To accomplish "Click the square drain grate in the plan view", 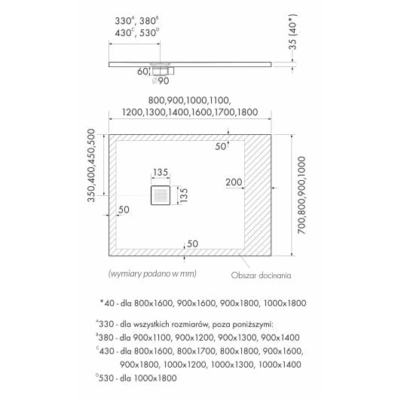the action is [x=161, y=195].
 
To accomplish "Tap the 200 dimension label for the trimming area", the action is [x=234, y=182].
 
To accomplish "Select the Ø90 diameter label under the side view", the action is [x=161, y=81].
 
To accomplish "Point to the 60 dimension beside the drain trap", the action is [x=142, y=72].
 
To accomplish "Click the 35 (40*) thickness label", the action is [x=293, y=32].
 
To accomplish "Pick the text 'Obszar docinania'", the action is [x=261, y=276].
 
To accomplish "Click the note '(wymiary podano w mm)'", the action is [x=152, y=274].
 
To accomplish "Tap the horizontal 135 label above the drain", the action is [x=161, y=173].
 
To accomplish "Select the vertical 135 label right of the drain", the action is [x=184, y=195].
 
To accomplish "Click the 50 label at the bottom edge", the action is [x=192, y=244].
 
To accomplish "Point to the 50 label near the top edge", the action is [x=221, y=146].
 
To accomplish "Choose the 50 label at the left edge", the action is [x=124, y=210].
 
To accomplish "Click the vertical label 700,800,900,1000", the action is [x=301, y=195].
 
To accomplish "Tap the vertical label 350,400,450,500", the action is [x=91, y=165].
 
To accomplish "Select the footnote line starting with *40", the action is [x=203, y=303].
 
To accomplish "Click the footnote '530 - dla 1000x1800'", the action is [x=136, y=378].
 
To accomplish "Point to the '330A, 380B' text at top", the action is [x=136, y=20].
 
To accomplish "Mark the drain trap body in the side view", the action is [x=162, y=71].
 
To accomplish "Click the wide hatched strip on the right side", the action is [x=258, y=195].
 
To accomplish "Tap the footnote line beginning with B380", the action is [x=197, y=338].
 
